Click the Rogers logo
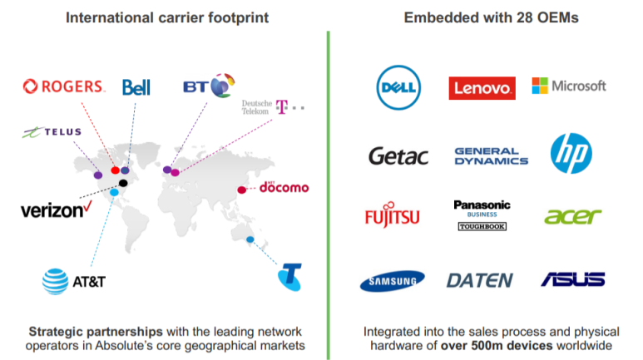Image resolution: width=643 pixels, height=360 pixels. [x=64, y=86]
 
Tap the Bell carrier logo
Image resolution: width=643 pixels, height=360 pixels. [x=136, y=87]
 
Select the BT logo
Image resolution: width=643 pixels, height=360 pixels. [x=209, y=86]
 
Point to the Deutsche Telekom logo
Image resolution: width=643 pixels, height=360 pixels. [x=272, y=107]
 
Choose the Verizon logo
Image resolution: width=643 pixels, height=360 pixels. [x=56, y=210]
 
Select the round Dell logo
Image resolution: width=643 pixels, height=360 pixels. [x=398, y=87]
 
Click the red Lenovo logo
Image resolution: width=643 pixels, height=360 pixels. [x=482, y=87]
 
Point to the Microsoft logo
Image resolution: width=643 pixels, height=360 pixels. [x=569, y=86]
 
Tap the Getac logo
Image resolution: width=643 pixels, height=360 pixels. [x=398, y=155]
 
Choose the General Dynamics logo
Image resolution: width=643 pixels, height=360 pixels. [x=491, y=155]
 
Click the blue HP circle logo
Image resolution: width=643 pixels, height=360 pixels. [x=571, y=154]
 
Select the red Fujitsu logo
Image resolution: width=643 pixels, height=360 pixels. [x=392, y=217]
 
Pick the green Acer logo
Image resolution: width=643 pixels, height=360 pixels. [x=572, y=216]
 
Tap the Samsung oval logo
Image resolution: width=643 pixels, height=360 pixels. [x=392, y=281]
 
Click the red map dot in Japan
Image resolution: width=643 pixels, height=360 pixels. [x=241, y=189]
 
